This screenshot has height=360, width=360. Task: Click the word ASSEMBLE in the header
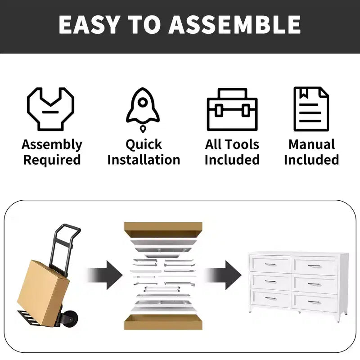[234, 24]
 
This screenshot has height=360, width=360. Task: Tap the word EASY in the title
[89, 25]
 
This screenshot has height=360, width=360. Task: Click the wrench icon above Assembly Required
[50, 109]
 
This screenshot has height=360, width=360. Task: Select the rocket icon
[143, 110]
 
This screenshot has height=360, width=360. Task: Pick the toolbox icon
[232, 109]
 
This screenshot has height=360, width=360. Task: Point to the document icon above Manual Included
[311, 109]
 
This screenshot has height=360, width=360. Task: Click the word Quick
[144, 145]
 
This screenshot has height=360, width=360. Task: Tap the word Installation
[144, 160]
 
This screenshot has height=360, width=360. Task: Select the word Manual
[311, 144]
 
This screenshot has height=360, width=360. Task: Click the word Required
[52, 160]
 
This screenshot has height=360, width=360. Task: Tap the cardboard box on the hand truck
[43, 293]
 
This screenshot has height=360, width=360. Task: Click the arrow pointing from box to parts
[105, 275]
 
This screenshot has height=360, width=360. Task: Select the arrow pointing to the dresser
[223, 275]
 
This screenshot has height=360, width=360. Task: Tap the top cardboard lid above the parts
[163, 229]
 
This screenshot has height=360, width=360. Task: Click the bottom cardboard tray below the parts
[163, 322]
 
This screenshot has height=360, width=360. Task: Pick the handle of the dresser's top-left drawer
[270, 265]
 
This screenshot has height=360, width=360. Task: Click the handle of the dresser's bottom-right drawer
[314, 302]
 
